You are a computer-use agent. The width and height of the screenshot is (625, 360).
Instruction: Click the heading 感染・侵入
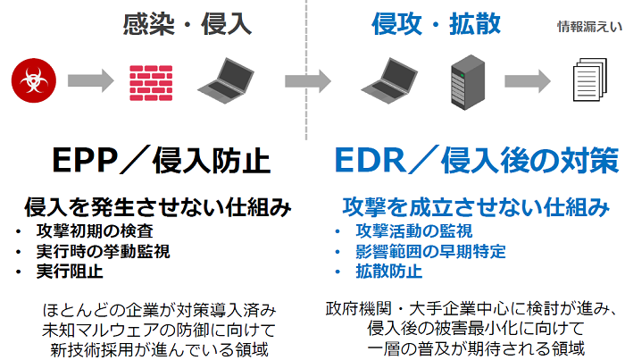pos(188,24)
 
